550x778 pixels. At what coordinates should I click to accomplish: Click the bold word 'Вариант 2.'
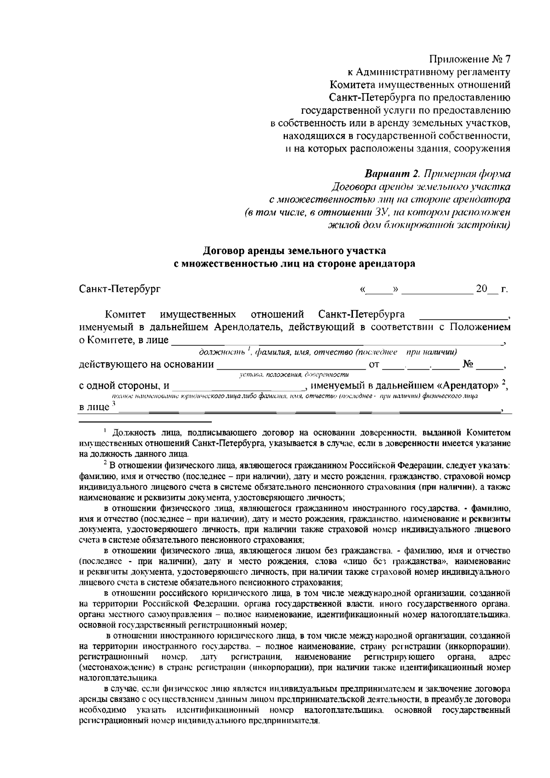pos(392,174)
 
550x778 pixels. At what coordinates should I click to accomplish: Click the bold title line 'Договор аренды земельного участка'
pos(295,251)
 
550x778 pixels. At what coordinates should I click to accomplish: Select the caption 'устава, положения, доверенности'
pos(294,375)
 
